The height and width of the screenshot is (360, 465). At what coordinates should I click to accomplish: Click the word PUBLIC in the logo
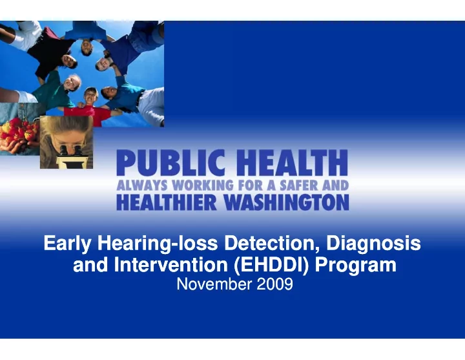(170, 163)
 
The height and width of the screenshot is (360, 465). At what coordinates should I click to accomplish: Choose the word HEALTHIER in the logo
(167, 202)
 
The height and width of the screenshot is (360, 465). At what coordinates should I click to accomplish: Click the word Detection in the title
(273, 244)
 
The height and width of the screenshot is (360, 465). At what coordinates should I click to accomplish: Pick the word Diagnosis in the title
(373, 244)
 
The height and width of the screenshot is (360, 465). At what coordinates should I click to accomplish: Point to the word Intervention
(170, 265)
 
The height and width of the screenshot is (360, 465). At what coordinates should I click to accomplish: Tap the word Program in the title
(356, 266)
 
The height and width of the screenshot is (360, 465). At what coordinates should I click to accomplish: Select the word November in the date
(214, 284)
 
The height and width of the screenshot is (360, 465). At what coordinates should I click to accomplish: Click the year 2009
(274, 284)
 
